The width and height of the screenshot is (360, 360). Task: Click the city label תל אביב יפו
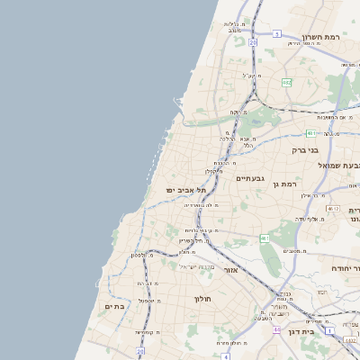coord(186,190)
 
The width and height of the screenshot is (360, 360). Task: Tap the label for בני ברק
coord(306,150)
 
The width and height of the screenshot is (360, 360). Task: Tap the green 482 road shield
coord(286,82)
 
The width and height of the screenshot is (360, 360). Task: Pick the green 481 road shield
coord(309,133)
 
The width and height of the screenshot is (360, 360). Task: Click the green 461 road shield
coord(265,238)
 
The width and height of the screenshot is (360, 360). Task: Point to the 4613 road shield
coord(332,209)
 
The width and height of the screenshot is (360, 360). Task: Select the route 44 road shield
coord(276,330)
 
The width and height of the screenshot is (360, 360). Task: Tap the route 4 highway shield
coord(226,356)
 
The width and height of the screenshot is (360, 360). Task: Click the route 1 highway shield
coord(330,332)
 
